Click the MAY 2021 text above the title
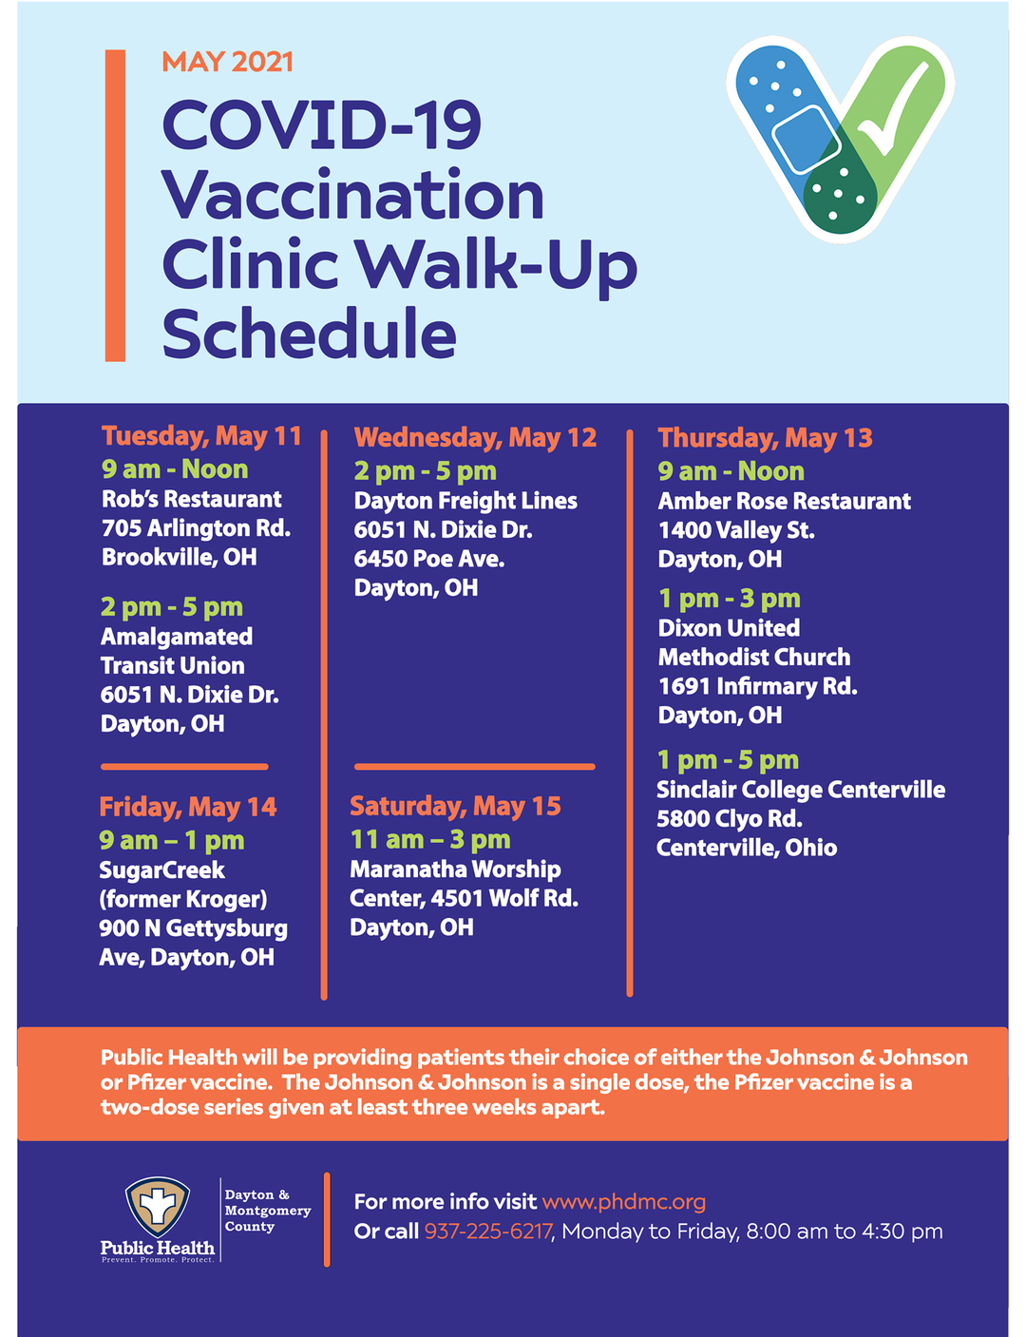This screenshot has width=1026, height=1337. point(227,62)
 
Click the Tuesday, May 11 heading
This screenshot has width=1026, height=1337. point(201,437)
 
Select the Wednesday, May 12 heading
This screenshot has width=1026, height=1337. point(476,438)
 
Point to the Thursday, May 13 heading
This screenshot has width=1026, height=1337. point(765,438)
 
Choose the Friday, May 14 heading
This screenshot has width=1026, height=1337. point(187,808)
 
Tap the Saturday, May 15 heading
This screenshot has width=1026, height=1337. point(455,806)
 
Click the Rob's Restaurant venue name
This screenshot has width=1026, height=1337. point(191,499)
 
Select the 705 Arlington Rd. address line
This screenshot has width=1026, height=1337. point(197,528)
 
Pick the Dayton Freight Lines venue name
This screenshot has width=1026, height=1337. point(465,501)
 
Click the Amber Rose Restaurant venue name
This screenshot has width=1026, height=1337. point(785,501)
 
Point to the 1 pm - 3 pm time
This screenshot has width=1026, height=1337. point(729,599)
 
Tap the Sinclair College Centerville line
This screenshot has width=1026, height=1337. point(801,790)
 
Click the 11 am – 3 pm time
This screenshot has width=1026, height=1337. point(430,839)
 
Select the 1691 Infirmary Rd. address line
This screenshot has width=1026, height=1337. point(758,686)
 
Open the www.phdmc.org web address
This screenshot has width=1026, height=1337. point(624,1202)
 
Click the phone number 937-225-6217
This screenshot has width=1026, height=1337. point(487,1232)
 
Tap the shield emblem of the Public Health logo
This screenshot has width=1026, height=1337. point(158,1207)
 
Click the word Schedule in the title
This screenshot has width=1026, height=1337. point(309,333)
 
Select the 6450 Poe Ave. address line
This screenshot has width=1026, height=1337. point(429,559)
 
